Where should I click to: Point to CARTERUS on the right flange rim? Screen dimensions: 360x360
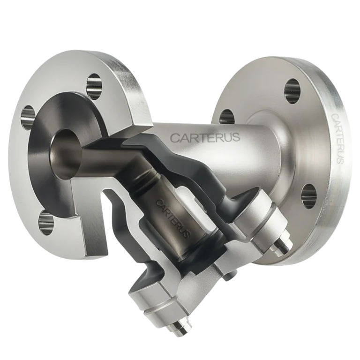(x=337, y=138)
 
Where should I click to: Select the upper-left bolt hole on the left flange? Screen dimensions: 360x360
(x=28, y=114)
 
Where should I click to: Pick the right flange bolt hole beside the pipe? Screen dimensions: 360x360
(x=227, y=115)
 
